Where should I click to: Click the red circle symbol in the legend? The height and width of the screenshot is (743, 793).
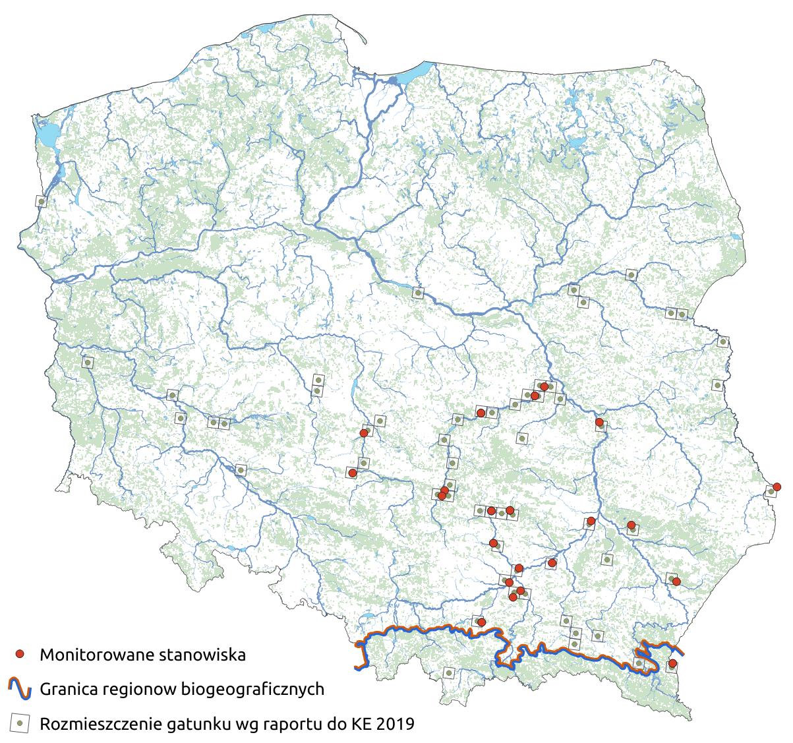coord(20,654)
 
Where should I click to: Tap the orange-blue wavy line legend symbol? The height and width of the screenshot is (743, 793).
coord(20,689)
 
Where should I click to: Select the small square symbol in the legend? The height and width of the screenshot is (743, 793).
coord(20,723)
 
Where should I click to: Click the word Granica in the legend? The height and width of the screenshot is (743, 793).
coord(66,690)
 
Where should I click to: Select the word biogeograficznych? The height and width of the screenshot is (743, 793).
coord(247,690)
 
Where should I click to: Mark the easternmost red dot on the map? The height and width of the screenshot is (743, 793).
coord(777,487)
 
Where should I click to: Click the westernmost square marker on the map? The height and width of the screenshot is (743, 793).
coord(42,201)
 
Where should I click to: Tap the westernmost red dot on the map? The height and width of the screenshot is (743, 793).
coord(353,473)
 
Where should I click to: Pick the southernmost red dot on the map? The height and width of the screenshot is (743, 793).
coord(672,663)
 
